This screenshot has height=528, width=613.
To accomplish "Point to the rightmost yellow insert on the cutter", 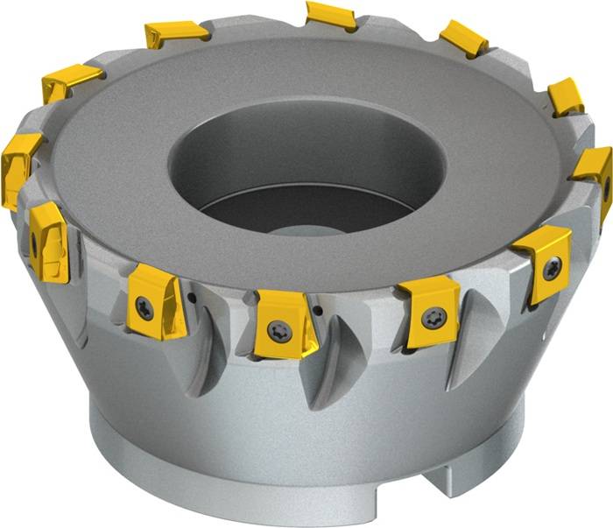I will pyautogui.click(x=595, y=175).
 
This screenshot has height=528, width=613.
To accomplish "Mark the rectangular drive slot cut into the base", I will pyautogui.click(x=455, y=477).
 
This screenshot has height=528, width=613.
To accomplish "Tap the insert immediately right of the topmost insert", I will pyautogui.click(x=463, y=38).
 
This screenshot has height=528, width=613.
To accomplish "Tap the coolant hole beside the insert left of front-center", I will pyautogui.click(x=187, y=299).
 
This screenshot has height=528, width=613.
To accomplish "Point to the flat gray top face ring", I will pyautogui.click(x=114, y=175).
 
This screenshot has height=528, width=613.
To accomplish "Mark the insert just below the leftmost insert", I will pyautogui.click(x=49, y=241).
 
